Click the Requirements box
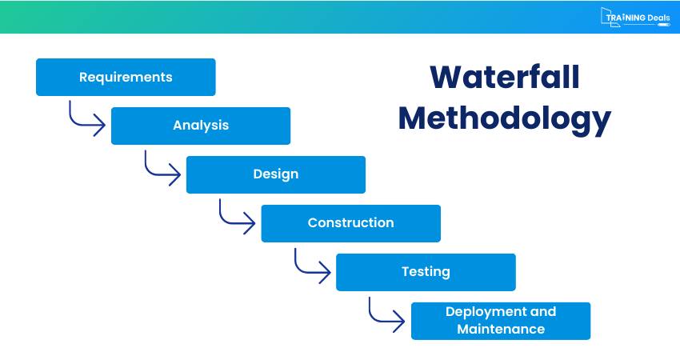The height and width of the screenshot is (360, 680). (x=126, y=78)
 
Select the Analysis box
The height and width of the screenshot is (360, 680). (x=201, y=126)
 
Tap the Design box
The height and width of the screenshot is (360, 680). (x=276, y=174)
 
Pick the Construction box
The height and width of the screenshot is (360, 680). (x=350, y=223)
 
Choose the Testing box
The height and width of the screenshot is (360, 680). (x=426, y=272)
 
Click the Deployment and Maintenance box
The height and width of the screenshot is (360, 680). (x=501, y=321)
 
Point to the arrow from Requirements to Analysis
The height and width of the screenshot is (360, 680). (x=84, y=118)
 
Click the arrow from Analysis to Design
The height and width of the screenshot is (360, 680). (x=159, y=167)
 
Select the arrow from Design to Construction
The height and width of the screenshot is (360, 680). (x=234, y=216)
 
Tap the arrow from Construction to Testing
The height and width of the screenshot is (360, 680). (x=309, y=265)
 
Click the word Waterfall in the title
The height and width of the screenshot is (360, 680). (x=504, y=78)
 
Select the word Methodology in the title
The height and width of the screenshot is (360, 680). (x=504, y=118)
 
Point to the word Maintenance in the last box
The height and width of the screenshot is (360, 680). (x=501, y=330)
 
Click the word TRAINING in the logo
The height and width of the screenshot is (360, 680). (x=624, y=17)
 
